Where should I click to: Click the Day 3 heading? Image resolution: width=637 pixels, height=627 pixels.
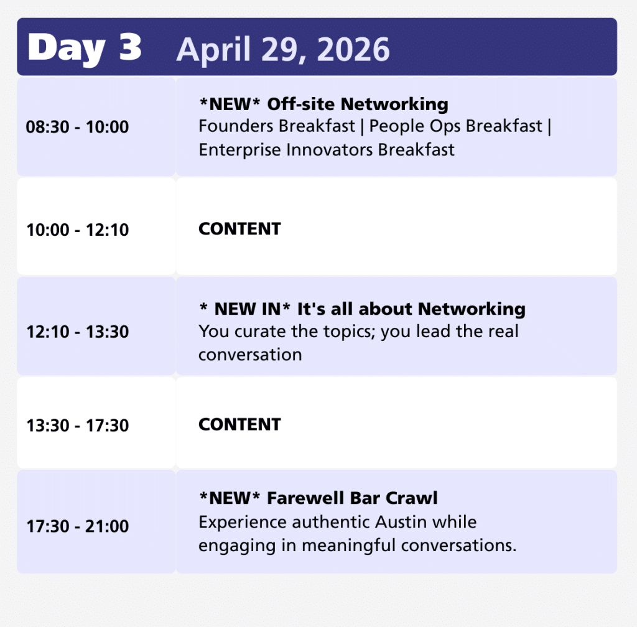(x=85, y=49)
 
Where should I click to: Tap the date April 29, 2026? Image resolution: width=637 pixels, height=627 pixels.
(x=283, y=50)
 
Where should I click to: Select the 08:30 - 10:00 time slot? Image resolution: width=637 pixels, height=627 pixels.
(x=77, y=127)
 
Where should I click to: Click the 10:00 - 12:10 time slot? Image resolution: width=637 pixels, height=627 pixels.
(x=77, y=230)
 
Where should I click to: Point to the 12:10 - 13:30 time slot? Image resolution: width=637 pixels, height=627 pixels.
(x=77, y=332)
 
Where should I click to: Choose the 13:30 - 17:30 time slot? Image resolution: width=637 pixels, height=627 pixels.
(x=77, y=425)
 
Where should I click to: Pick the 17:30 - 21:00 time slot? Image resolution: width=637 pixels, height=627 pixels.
(x=77, y=526)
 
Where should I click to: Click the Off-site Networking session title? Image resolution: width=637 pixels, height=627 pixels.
(x=358, y=104)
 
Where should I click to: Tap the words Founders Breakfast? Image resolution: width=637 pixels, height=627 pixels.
(x=277, y=126)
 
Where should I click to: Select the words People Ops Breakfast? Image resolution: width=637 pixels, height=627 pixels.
(x=456, y=126)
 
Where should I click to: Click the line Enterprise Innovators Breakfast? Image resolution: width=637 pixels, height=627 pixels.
(x=327, y=149)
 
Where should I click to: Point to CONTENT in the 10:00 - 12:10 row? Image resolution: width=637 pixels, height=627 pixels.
(x=239, y=229)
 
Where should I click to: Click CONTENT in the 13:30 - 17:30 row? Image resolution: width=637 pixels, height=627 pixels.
(x=239, y=425)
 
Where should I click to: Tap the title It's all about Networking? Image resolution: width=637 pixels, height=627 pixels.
(x=411, y=309)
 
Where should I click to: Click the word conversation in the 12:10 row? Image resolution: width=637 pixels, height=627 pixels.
(x=250, y=355)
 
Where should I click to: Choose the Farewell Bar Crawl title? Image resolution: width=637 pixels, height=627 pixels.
(x=352, y=498)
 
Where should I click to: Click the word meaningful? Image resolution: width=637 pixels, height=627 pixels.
(x=348, y=546)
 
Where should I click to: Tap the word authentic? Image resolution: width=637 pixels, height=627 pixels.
(x=331, y=522)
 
